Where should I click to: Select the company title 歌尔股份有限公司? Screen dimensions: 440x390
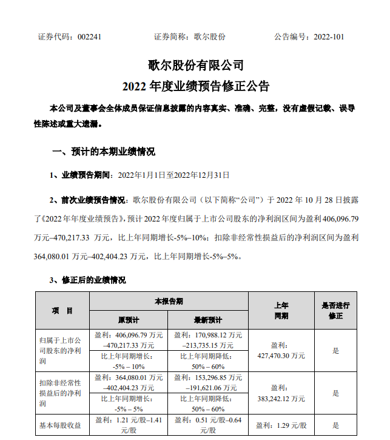[195, 64]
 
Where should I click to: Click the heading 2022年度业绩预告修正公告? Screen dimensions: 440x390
[195, 85]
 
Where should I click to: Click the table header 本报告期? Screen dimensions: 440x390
[169, 302]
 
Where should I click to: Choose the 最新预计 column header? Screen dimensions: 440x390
[207, 320]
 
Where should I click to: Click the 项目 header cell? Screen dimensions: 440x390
[62, 311]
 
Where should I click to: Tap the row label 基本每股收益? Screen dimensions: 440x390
[60, 425]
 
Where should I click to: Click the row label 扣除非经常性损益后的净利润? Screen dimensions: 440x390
[60, 393]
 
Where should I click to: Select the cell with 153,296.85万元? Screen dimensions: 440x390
[207, 382]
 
